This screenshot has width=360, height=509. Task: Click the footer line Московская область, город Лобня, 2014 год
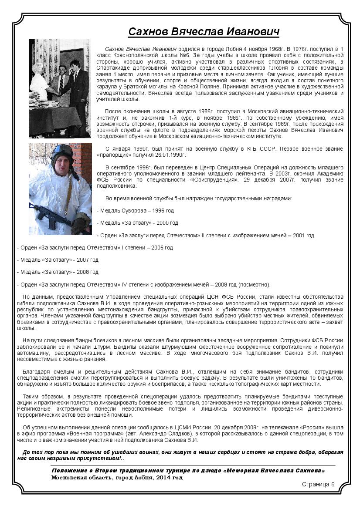(117, 477)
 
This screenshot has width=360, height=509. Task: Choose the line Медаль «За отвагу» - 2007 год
(58, 260)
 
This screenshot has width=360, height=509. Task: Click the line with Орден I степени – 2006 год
(95, 248)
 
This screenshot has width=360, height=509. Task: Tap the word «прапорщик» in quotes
(113, 155)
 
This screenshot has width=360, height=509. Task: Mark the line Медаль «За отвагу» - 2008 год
(58, 272)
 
